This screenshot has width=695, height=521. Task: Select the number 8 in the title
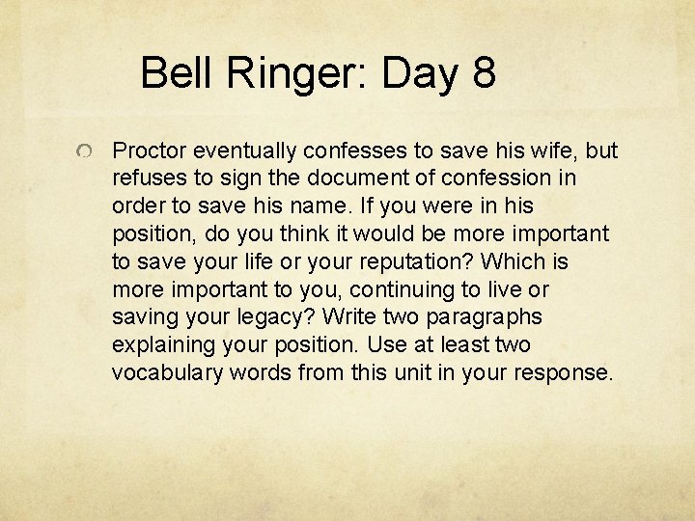(484, 73)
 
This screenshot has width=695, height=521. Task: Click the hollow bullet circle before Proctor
(86, 152)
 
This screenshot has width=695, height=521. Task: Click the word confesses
(354, 151)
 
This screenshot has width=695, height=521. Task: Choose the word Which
(513, 261)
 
